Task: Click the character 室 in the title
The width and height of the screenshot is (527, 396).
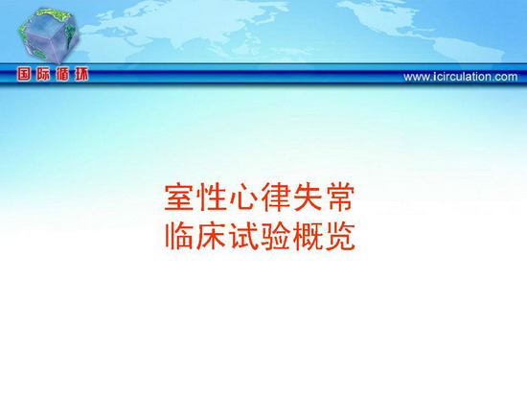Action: click(x=179, y=198)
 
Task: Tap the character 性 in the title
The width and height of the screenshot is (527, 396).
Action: click(x=212, y=198)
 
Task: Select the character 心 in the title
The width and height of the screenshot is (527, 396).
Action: click(x=243, y=198)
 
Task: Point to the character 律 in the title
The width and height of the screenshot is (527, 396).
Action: click(x=276, y=198)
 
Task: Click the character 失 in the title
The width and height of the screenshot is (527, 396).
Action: click(x=308, y=198)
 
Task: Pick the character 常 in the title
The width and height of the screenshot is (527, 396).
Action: click(x=340, y=198)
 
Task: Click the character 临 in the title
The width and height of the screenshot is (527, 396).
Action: click(x=179, y=236)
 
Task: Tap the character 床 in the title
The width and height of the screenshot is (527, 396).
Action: click(x=212, y=236)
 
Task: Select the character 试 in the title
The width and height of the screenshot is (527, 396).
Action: click(x=243, y=236)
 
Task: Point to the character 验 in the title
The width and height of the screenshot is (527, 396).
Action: click(x=276, y=236)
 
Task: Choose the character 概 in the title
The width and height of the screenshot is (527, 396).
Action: click(x=308, y=236)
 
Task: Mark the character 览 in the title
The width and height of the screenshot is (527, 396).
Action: click(x=340, y=236)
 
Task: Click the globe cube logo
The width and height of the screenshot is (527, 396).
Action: click(x=49, y=35)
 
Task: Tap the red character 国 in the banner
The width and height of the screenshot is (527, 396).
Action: click(x=24, y=74)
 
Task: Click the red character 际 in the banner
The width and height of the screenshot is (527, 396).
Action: click(x=43, y=74)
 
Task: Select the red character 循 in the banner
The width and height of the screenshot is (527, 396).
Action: click(x=62, y=74)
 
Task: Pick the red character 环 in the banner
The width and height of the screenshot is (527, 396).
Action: click(x=81, y=74)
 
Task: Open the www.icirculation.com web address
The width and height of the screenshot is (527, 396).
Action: click(x=461, y=77)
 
